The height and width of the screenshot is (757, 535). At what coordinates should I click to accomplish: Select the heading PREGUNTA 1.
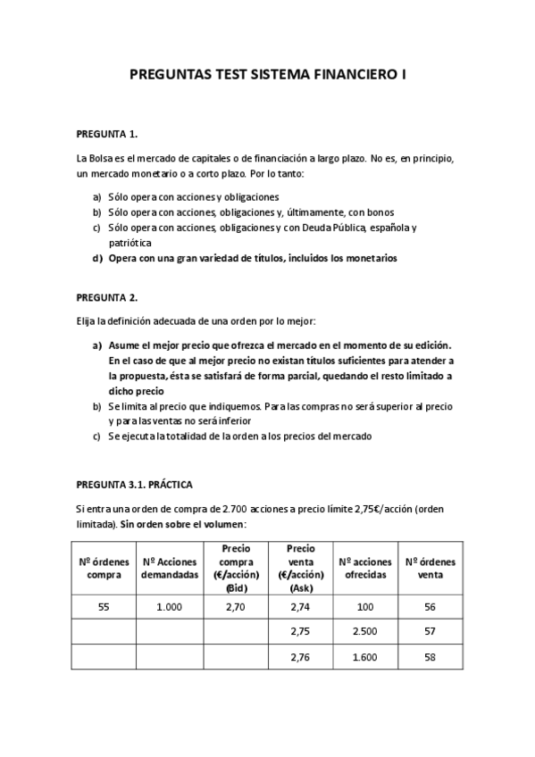(107, 134)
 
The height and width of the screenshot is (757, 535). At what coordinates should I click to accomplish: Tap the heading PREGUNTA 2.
(107, 296)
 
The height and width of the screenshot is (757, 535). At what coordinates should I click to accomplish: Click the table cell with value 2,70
(237, 606)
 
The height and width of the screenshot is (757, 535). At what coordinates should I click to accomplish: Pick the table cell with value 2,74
(299, 606)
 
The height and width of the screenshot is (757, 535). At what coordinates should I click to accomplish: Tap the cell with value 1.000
(168, 606)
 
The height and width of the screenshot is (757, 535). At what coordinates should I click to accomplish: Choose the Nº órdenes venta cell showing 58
(431, 658)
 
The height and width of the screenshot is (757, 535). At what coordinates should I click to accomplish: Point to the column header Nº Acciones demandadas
(168, 568)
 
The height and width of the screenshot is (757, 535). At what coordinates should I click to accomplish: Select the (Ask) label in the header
(299, 589)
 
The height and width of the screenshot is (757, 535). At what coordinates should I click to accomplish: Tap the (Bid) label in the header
(237, 589)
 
